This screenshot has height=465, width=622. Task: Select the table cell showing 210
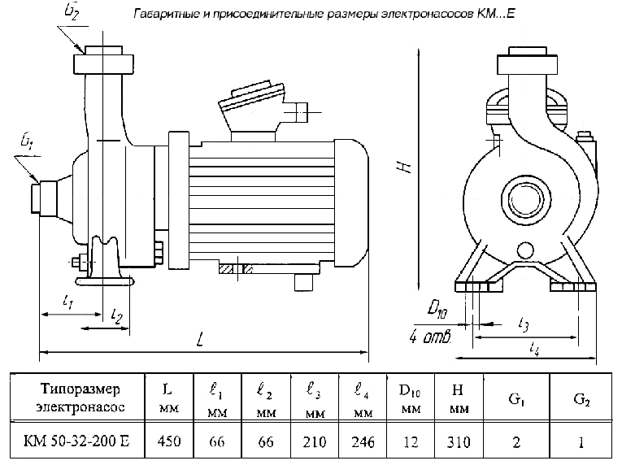coord(314,442)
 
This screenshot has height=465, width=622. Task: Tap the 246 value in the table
coord(363,442)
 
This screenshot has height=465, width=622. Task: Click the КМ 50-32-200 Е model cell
coord(77,442)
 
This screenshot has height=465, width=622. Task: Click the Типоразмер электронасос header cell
coord(77,396)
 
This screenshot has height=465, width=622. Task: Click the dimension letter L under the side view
coord(200,341)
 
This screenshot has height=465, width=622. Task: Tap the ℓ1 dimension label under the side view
coord(69,302)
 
